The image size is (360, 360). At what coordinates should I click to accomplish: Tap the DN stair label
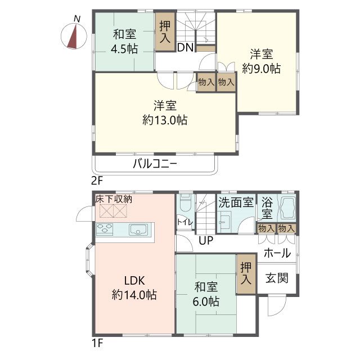pyautogui.click(x=186, y=48)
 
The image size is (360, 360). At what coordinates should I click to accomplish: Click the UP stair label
pyautogui.click(x=206, y=241)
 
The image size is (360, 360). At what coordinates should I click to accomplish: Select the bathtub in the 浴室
pyautogui.click(x=287, y=208)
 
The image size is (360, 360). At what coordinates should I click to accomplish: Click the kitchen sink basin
pyautogui.click(x=138, y=229)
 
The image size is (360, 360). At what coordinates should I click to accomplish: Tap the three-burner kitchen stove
pyautogui.click(x=105, y=229)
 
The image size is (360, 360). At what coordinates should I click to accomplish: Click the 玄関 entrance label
pyautogui.click(x=277, y=278)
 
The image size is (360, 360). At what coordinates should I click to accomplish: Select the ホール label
pyautogui.click(x=277, y=253)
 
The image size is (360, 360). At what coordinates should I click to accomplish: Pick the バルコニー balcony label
pyautogui.click(x=155, y=164)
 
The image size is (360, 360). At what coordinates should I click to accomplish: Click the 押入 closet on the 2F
pyautogui.click(x=165, y=31)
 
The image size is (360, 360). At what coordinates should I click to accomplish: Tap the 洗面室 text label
pyautogui.click(x=236, y=202)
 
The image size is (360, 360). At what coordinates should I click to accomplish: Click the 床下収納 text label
pyautogui.click(x=114, y=199)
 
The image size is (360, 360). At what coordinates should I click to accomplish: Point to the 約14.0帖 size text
pyautogui.click(x=134, y=295)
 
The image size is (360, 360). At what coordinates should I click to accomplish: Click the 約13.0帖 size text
pyautogui.click(x=165, y=120)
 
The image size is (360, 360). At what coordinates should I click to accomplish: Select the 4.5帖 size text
pyautogui.click(x=124, y=49)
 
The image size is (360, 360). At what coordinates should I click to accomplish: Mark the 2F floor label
pyautogui.click(x=97, y=181)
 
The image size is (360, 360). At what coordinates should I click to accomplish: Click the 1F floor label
pyautogui.click(x=97, y=343)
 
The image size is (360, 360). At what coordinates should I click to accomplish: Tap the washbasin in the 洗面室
pyautogui.click(x=224, y=222)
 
